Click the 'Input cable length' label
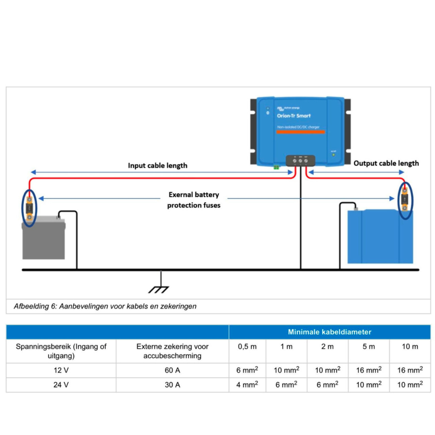click(x=158, y=166)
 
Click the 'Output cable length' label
click(x=386, y=163)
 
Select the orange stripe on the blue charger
click(x=300, y=132)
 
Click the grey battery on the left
click(x=44, y=240)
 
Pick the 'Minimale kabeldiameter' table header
click(x=329, y=332)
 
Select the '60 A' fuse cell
click(x=172, y=370)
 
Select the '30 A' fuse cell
click(x=172, y=385)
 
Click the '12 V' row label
click(x=61, y=370)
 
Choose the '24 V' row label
click(x=61, y=385)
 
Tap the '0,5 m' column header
click(x=247, y=347)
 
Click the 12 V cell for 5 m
click(x=369, y=370)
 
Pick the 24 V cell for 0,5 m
click(x=247, y=385)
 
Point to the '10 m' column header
click(x=410, y=347)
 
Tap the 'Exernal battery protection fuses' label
click(x=194, y=200)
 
